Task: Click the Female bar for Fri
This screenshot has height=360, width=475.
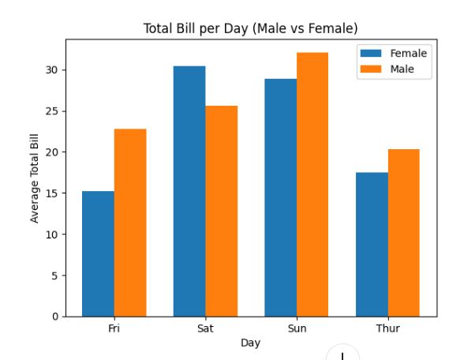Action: tap(98, 253)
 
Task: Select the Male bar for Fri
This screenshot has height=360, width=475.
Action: tap(130, 223)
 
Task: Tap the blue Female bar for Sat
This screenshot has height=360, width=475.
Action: tap(189, 191)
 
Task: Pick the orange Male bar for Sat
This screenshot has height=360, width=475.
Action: tap(222, 211)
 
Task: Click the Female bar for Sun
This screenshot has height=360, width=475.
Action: tap(281, 197)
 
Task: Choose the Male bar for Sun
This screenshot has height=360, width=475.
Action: tap(312, 185)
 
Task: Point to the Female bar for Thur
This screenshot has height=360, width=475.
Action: tap(372, 244)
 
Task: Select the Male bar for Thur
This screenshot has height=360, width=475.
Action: tap(404, 233)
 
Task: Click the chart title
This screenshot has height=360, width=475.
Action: tap(250, 28)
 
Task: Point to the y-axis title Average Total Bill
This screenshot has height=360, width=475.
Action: tap(35, 178)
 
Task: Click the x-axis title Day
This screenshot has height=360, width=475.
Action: tap(250, 343)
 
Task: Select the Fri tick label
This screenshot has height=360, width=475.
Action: tap(114, 328)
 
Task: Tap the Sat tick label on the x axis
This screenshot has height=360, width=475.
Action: tap(205, 328)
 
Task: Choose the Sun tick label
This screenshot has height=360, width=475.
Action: tap(297, 328)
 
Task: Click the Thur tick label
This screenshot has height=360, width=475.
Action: tap(387, 328)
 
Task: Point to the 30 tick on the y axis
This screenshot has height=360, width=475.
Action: tap(51, 70)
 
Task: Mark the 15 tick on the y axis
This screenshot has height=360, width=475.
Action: tap(51, 193)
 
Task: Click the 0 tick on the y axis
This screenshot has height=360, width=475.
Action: tap(54, 317)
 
